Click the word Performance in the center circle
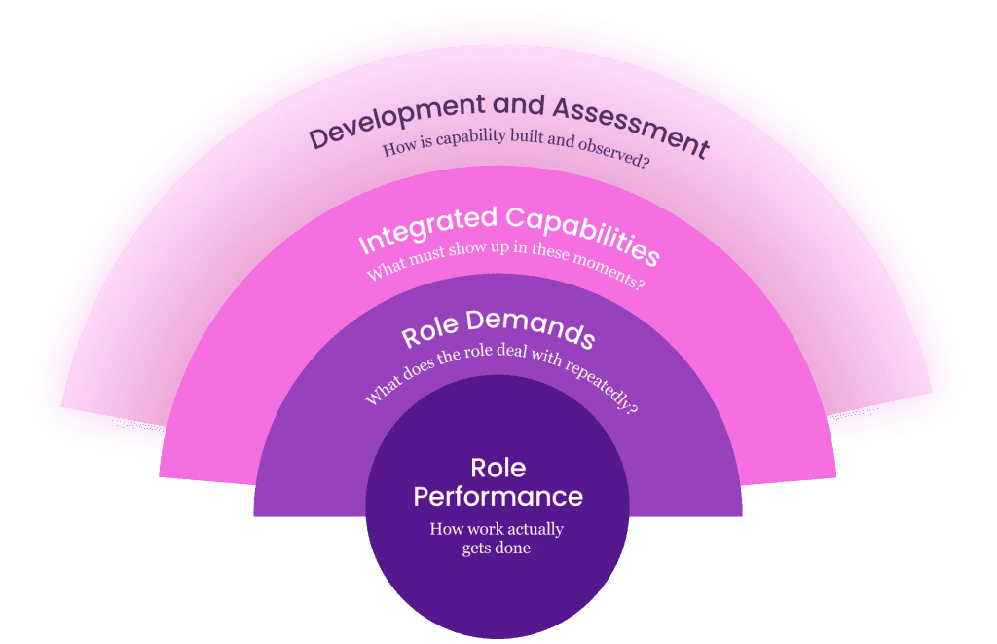pyautogui.click(x=498, y=496)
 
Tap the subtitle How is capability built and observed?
pyautogui.click(x=516, y=153)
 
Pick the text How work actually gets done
pyautogui.click(x=498, y=538)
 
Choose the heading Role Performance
pyautogui.click(x=498, y=482)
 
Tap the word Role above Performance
pyautogui.click(x=498, y=468)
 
